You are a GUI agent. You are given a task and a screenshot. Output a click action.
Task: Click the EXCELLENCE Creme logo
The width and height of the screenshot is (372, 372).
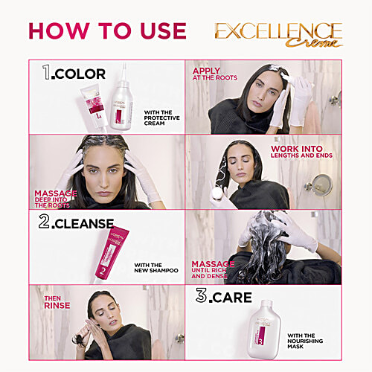(278, 33)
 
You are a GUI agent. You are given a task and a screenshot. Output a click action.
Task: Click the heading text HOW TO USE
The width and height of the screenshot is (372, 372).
(107, 31)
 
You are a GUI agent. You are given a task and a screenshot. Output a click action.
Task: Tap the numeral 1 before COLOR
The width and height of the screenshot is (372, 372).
(47, 73)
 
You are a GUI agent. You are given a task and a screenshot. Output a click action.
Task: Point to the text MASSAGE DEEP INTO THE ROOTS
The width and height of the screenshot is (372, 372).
(55, 198)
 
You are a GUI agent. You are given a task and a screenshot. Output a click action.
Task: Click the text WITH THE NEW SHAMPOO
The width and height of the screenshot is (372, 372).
(156, 266)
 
